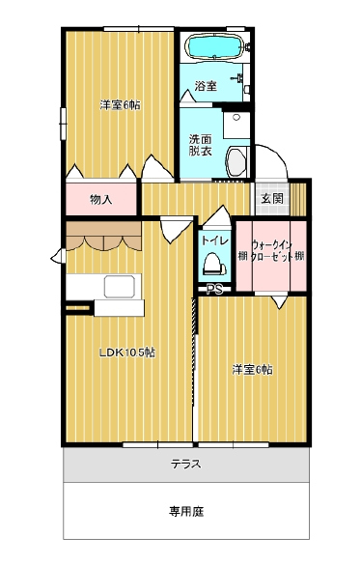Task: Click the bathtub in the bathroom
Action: click(x=213, y=46)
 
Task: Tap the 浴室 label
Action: click(x=206, y=86)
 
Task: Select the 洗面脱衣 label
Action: click(x=201, y=145)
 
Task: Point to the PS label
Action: click(x=214, y=290)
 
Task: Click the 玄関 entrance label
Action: click(x=271, y=198)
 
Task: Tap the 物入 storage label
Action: click(x=101, y=199)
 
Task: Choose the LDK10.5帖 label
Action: click(x=127, y=353)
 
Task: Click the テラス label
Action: click(x=186, y=464)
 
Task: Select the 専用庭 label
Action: click(x=186, y=511)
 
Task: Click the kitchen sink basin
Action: click(x=121, y=287)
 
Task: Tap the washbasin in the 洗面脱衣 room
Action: click(x=237, y=161)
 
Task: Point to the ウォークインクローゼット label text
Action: click(x=272, y=251)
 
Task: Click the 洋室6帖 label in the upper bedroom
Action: click(x=121, y=105)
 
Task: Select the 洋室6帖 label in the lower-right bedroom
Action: click(x=252, y=370)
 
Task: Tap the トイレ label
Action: click(x=214, y=240)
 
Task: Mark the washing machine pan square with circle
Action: click(x=236, y=125)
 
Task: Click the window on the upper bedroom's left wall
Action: click(x=63, y=124)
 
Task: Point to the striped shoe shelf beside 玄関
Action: click(x=298, y=200)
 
